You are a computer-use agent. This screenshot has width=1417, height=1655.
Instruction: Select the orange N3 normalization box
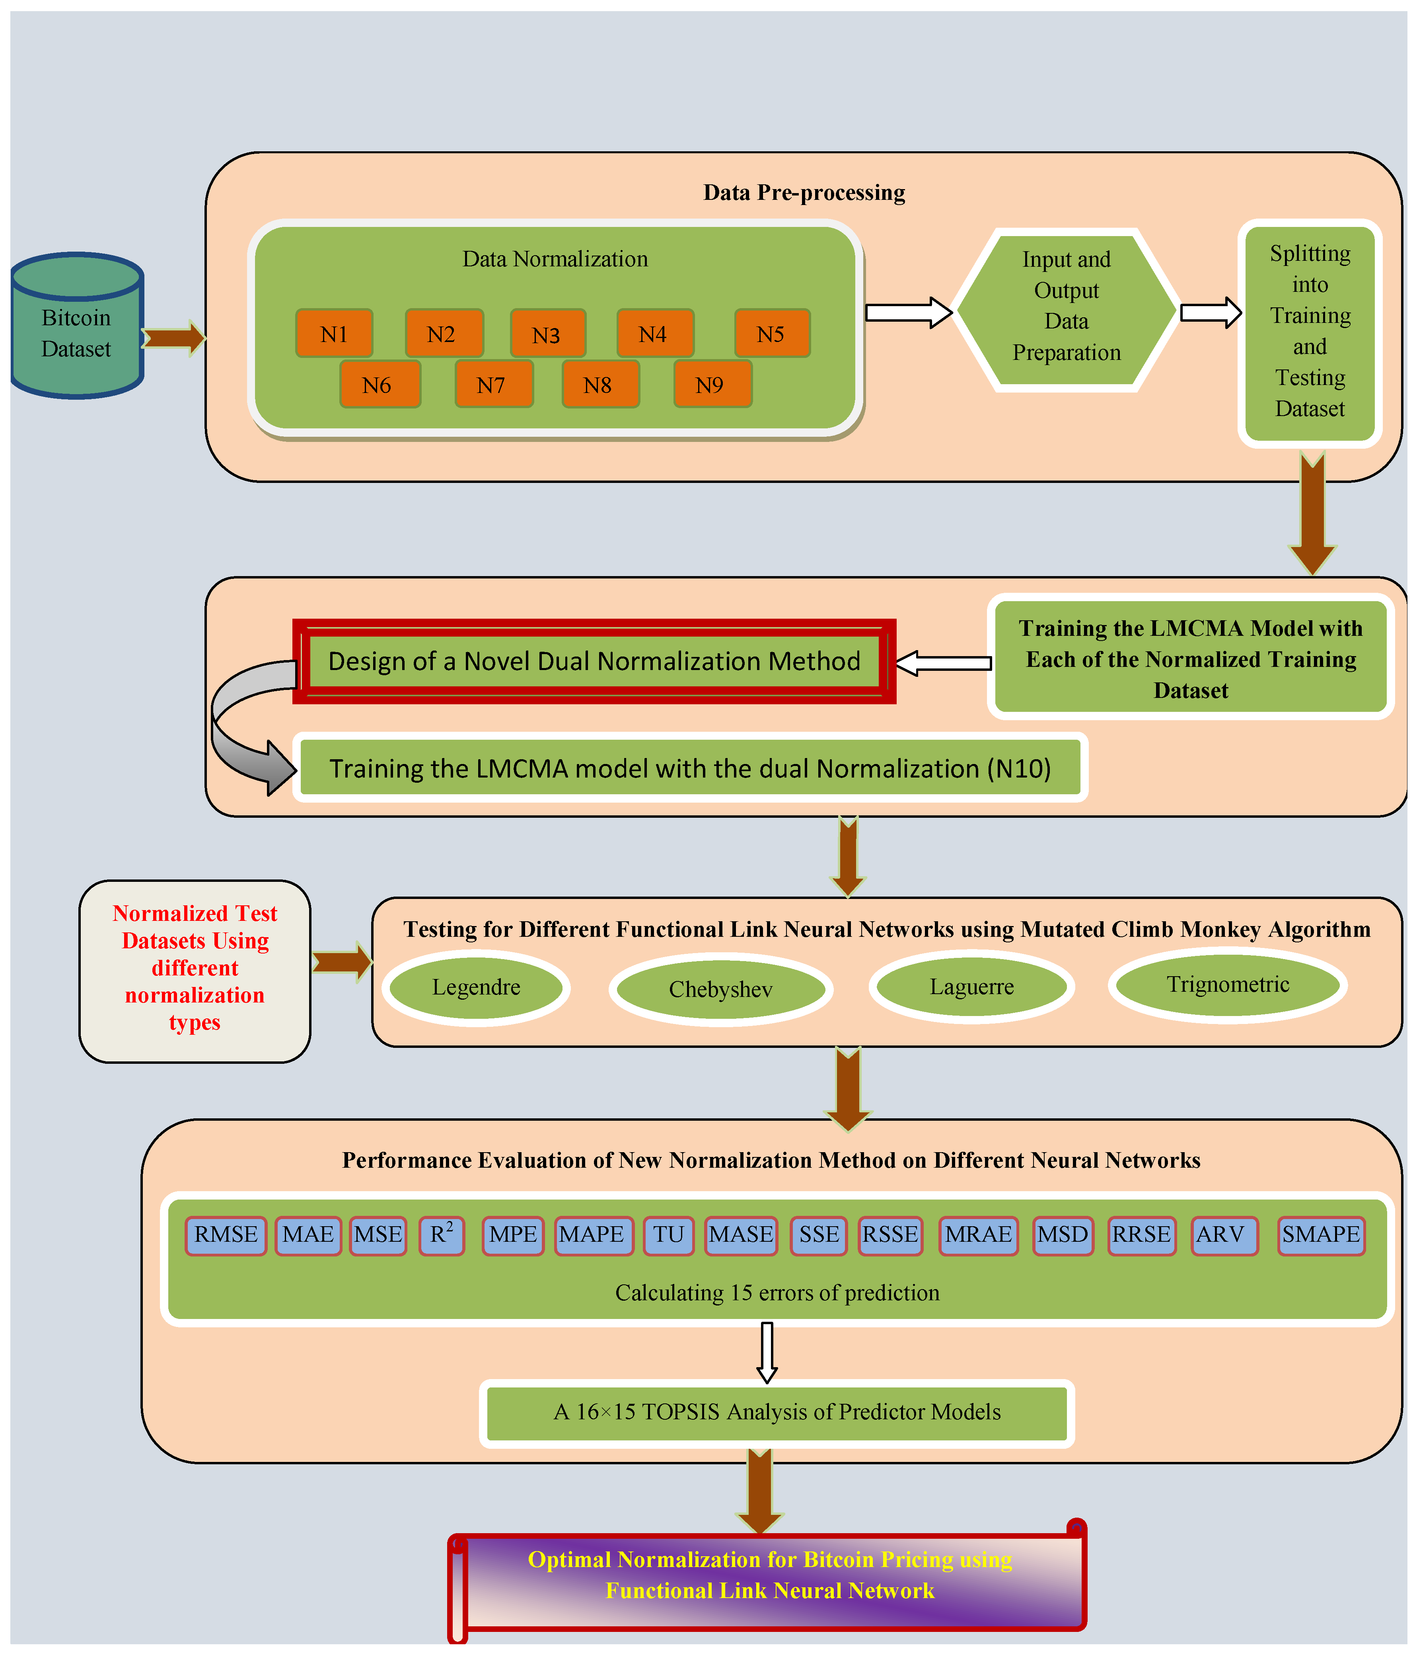[548, 334]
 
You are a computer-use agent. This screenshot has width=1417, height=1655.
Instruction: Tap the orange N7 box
[493, 384]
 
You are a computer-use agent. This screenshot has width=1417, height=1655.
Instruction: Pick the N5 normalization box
[772, 333]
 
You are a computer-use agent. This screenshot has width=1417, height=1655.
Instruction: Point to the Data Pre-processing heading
[804, 193]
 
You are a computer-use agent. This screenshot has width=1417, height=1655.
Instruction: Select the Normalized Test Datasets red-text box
[195, 971]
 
